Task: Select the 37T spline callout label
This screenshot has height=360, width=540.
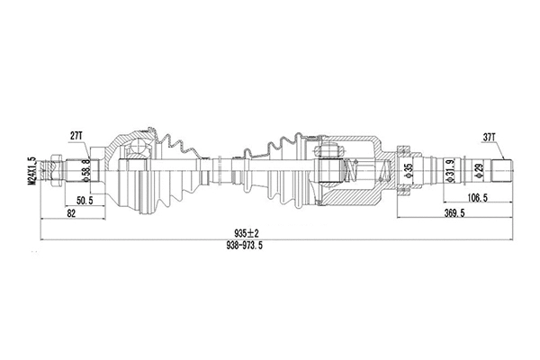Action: pyautogui.click(x=490, y=137)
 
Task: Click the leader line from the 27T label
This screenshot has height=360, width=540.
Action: pyautogui.click(x=81, y=147)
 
